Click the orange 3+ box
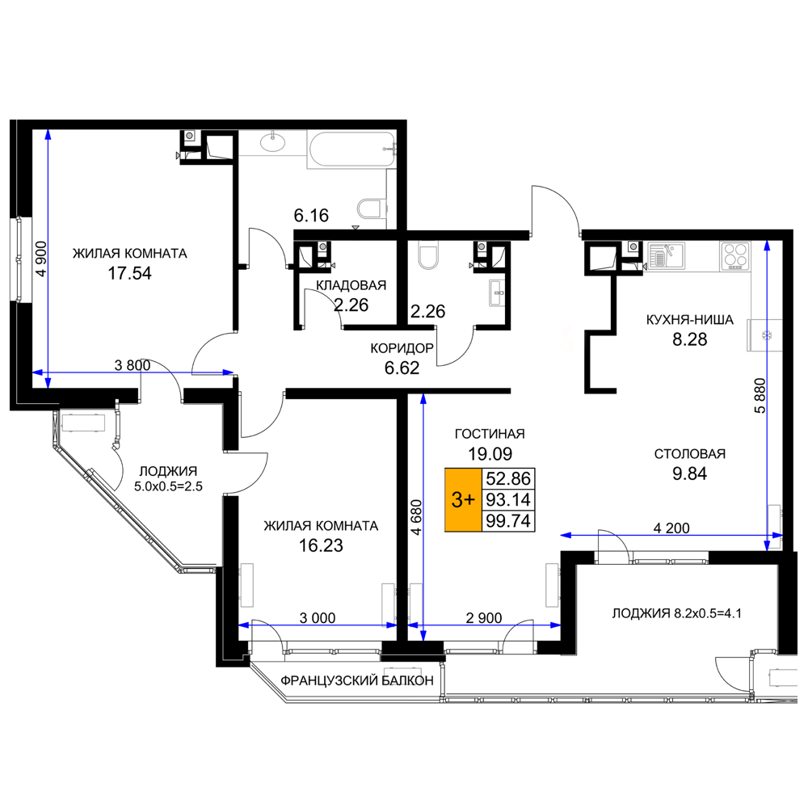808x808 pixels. point(463,499)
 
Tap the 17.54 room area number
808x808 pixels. point(129,273)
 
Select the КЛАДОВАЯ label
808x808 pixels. point(351,285)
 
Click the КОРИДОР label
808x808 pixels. point(402,348)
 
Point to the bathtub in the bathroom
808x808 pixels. point(351,149)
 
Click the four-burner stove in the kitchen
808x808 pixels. point(735,256)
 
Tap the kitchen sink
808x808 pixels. point(666,256)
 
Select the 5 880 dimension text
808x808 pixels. point(760,396)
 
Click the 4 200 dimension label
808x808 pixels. point(671,528)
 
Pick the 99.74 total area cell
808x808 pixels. point(508,520)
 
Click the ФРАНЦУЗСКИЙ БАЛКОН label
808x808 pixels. point(357,680)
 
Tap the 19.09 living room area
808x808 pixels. point(490,454)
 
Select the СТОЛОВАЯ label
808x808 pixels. point(689,454)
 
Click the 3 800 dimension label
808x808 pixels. point(133,365)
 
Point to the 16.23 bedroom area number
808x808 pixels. point(321,545)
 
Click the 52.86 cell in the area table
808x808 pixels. point(508,478)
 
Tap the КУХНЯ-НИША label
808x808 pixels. point(689,320)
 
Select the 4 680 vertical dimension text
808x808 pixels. point(416,517)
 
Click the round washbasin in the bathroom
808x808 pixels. point(273,141)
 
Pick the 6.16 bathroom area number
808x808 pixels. point(311,216)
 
